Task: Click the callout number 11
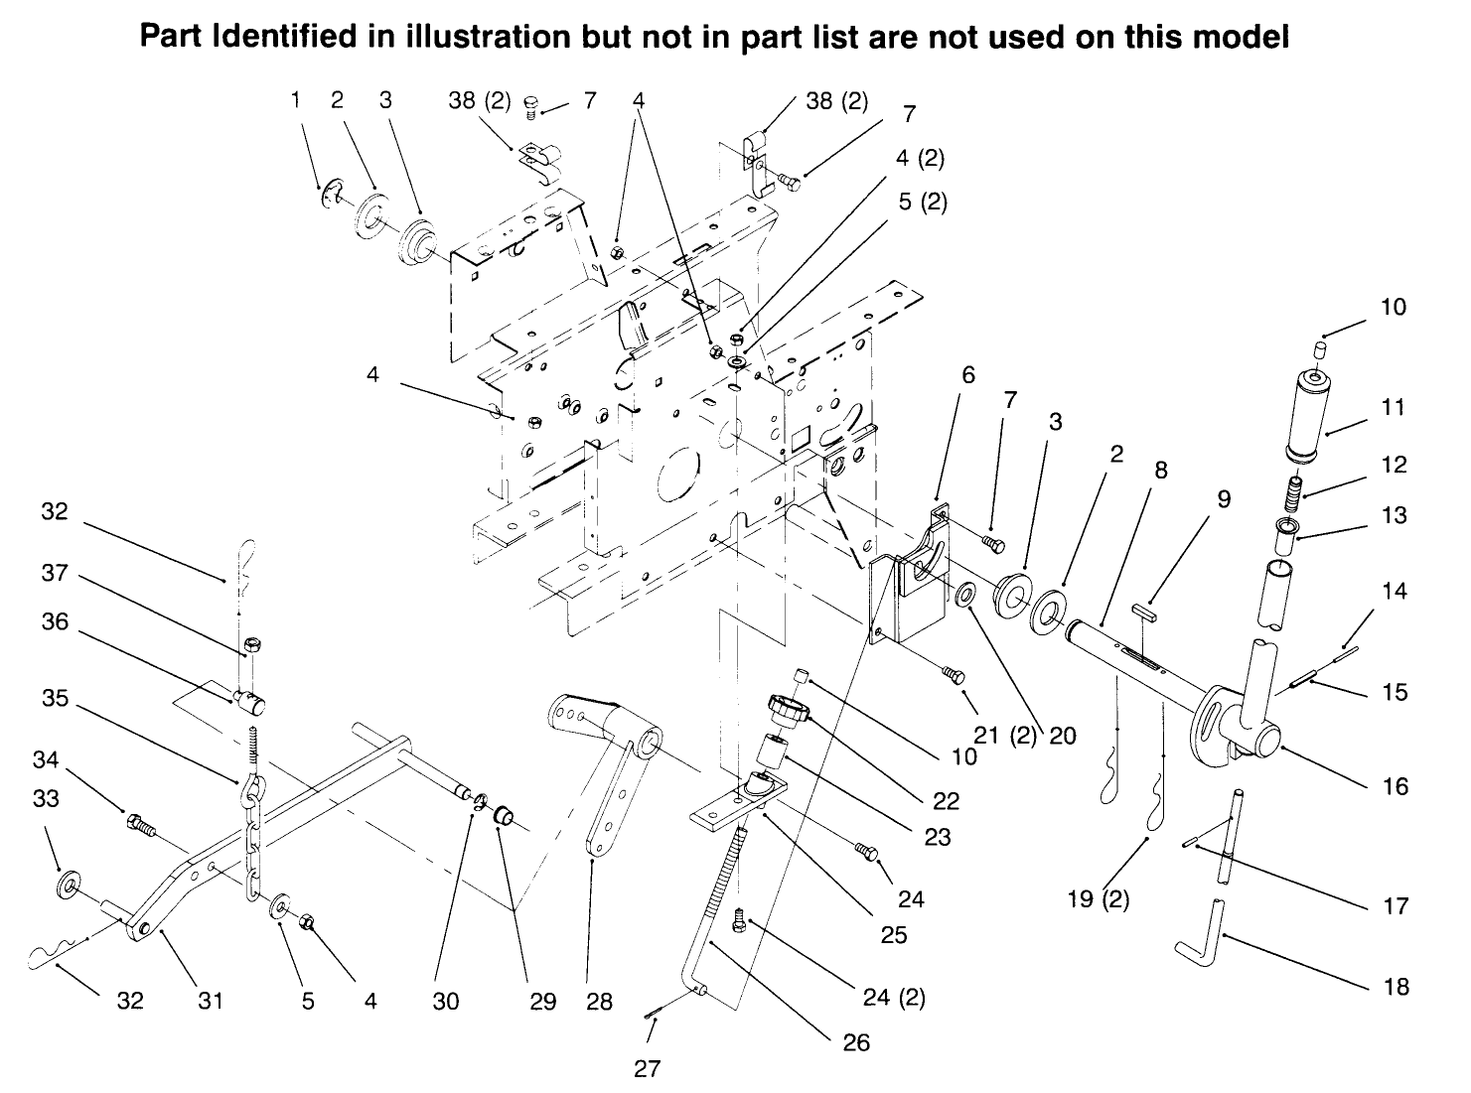(x=1394, y=407)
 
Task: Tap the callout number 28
(x=599, y=1001)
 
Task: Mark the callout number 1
(x=295, y=99)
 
